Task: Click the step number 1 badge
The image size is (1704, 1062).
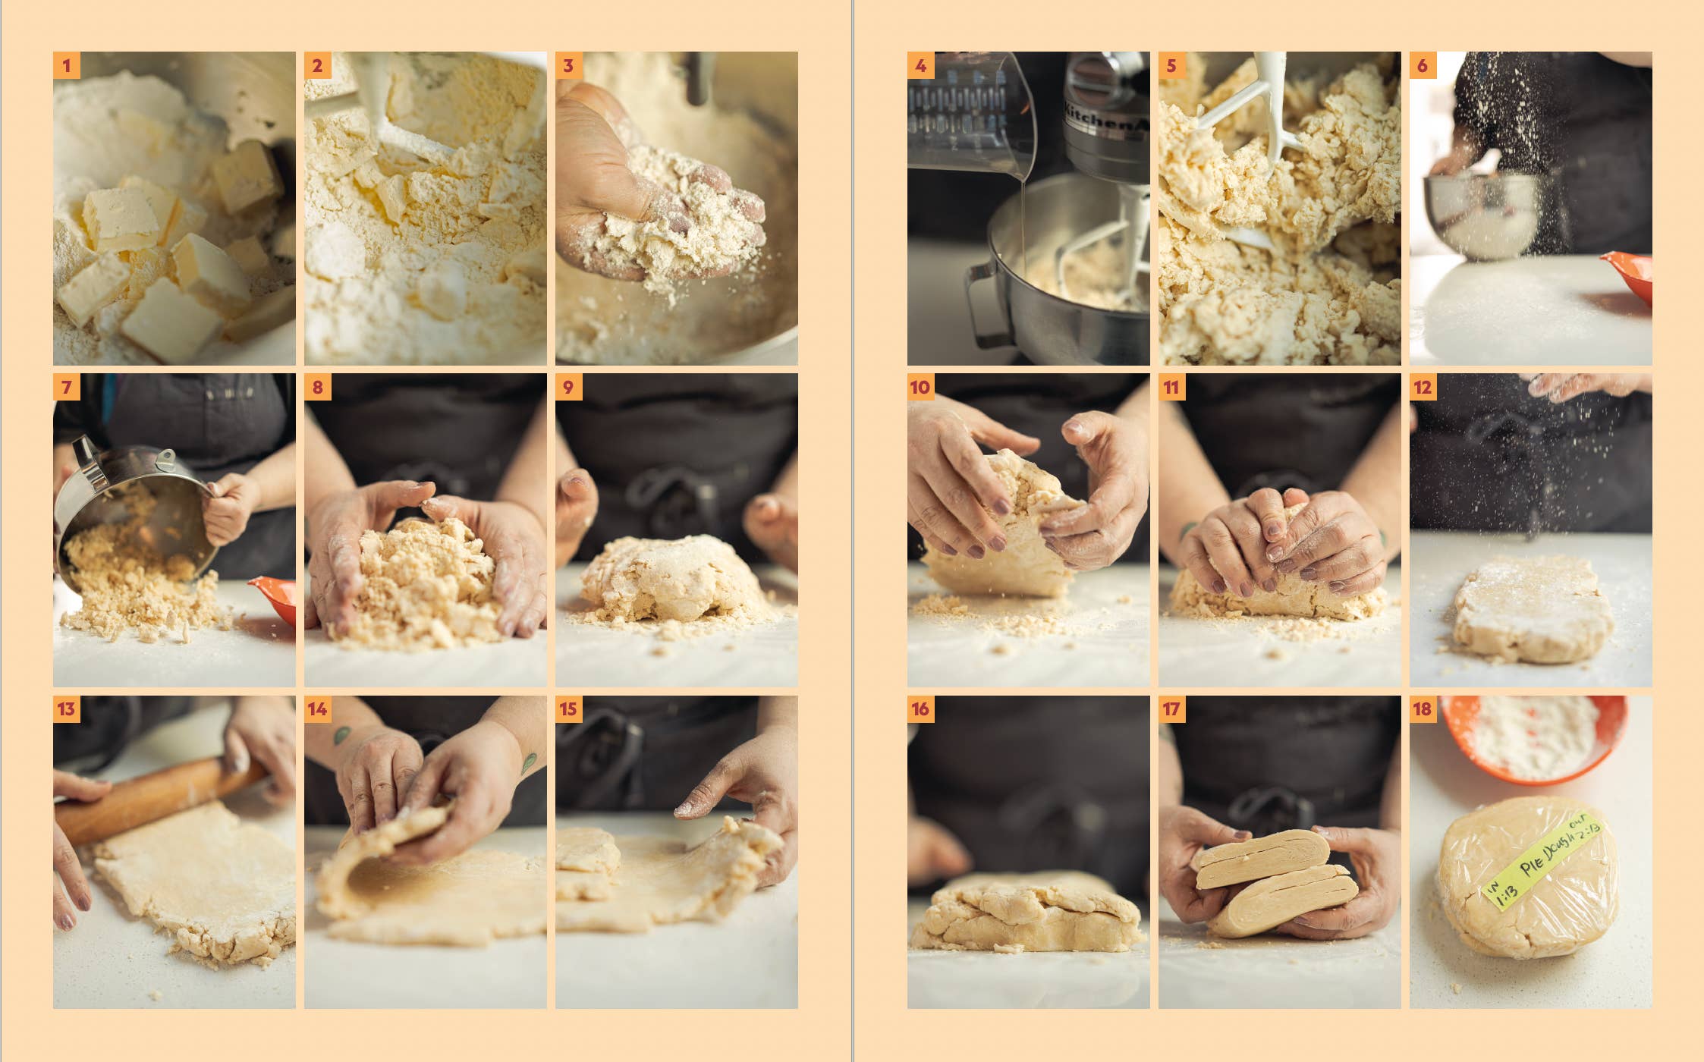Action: pos(67,66)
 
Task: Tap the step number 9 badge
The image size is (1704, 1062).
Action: pos(569,388)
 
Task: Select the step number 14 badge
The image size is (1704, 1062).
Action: pos(318,709)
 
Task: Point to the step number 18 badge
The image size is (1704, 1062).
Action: pos(1423,709)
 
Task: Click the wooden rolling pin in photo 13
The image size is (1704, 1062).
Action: pos(152,800)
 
